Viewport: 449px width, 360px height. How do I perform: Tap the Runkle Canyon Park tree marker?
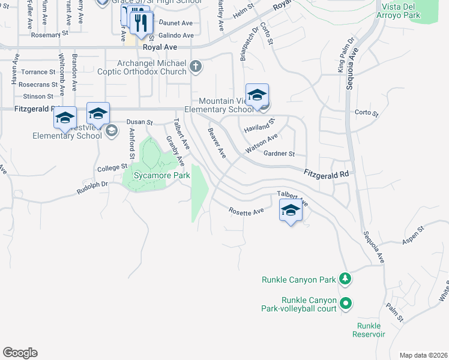345,279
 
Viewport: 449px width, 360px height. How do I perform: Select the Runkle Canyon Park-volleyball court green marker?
345,304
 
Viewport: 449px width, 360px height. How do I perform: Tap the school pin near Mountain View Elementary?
257,96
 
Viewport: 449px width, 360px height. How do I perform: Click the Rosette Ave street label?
246,211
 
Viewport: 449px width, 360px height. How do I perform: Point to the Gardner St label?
280,154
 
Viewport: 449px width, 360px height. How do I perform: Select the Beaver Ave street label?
217,143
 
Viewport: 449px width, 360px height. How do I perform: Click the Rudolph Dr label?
92,188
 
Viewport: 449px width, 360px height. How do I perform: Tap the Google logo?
20,353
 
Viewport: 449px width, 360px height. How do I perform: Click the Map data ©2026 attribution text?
423,355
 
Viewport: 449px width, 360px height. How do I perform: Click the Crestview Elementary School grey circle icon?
111,130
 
